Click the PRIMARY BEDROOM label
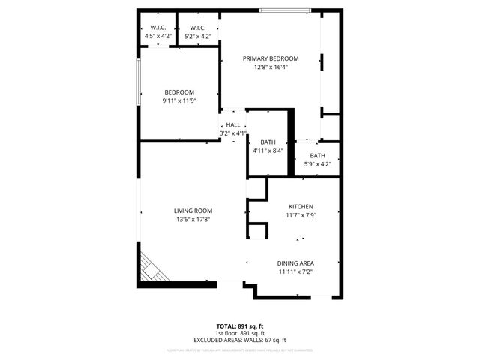[270, 58]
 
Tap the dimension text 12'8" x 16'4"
[270, 67]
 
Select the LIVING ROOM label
[193, 211]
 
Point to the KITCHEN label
[301, 207]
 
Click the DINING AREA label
[295, 263]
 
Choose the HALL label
[233, 125]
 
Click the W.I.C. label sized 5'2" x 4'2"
[196, 28]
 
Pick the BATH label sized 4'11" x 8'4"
[268, 142]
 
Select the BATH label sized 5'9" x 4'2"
[318, 155]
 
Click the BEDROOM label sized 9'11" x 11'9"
[179, 92]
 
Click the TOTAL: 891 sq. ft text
[240, 326]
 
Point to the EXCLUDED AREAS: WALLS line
[240, 340]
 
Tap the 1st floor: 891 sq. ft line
[240, 333]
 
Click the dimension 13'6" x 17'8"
[193, 220]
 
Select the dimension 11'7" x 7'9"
[301, 216]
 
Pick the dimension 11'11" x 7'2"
[295, 272]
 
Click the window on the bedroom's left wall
[138, 82]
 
